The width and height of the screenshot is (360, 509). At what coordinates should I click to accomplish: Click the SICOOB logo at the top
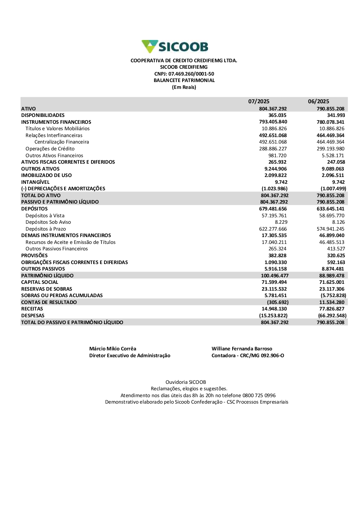(175, 47)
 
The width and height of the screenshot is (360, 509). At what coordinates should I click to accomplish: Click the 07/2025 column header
(258, 101)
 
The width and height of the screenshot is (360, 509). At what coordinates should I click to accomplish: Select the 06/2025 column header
(318, 101)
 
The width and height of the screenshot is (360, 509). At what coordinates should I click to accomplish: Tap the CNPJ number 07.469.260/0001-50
(191, 74)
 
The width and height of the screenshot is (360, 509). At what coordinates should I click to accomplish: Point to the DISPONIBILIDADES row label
(43, 115)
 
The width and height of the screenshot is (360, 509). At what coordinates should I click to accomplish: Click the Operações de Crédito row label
(50, 149)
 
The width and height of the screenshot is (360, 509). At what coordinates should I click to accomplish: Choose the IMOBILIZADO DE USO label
(46, 176)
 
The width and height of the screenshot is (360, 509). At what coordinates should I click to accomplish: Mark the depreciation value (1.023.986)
(274, 189)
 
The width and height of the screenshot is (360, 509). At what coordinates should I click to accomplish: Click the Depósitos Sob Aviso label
(48, 222)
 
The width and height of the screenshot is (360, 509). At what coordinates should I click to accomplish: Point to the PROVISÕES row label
(35, 256)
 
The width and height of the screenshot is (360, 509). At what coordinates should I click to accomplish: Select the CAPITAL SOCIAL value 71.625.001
(332, 282)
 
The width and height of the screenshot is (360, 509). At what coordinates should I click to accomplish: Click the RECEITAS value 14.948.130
(274, 309)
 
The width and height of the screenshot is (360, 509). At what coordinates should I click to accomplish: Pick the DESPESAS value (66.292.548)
(332, 316)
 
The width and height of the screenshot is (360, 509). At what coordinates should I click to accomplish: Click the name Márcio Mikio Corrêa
(113, 349)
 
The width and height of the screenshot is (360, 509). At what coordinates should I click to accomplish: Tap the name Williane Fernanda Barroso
(242, 349)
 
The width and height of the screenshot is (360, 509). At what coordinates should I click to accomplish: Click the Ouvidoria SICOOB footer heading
(186, 382)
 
